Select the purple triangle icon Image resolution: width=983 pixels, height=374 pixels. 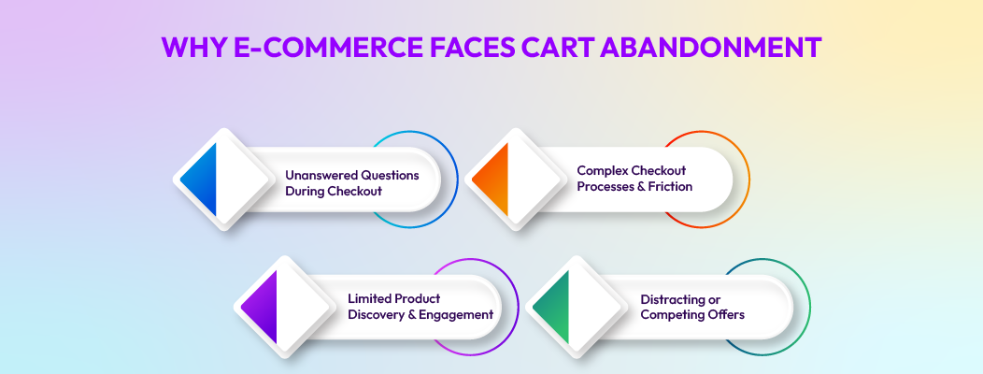[x=264, y=308]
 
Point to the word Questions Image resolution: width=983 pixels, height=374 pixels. [x=391, y=175]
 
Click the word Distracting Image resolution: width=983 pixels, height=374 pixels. [x=674, y=299]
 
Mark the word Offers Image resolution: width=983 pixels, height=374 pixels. [x=725, y=315]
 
